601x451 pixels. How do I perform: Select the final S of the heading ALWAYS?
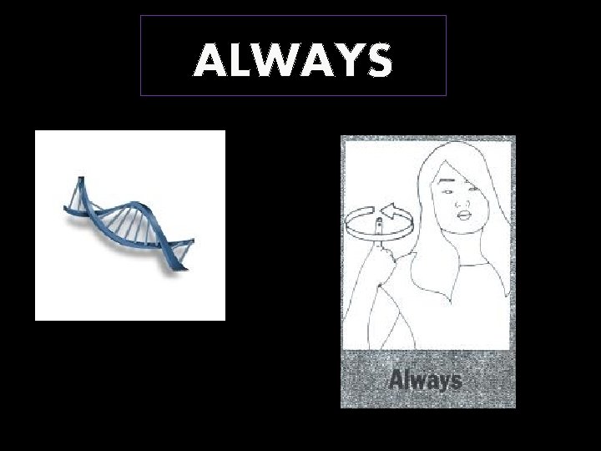pos(378,61)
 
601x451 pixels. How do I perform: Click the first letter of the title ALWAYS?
pos(209,61)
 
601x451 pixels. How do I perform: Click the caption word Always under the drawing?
pos(425,381)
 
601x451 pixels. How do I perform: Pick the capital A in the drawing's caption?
pos(397,380)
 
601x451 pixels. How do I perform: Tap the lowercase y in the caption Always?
pos(439,383)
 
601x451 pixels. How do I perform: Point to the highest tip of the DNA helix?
pos(81,178)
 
